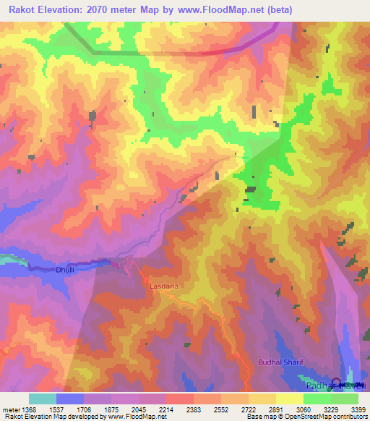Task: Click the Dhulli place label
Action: [x=65, y=271]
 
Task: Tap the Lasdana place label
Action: [x=163, y=286]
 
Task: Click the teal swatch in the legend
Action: [x=43, y=399]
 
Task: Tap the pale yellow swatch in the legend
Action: [x=290, y=399]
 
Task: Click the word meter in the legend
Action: [x=12, y=409]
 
